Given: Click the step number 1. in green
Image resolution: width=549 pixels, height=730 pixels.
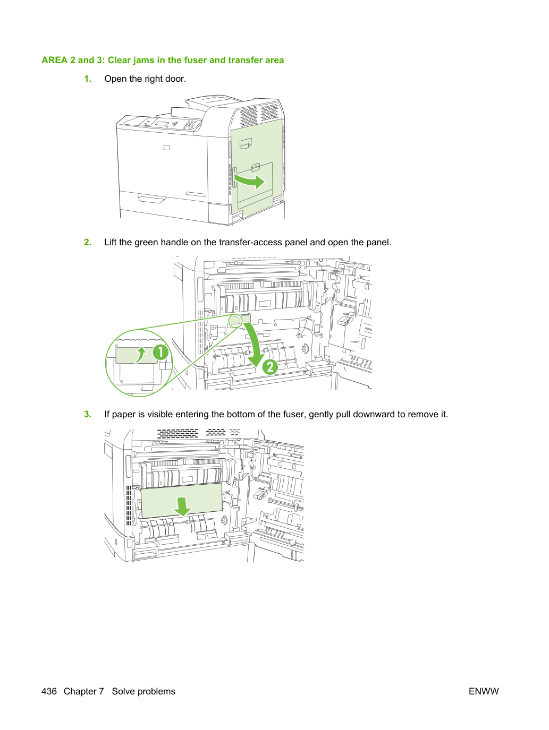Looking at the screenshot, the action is click(88, 79).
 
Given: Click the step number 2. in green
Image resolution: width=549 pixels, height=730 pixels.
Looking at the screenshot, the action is click(88, 242).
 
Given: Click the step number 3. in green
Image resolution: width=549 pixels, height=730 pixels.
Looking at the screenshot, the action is click(88, 414).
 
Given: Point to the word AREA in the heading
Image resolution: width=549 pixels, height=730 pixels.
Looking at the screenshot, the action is click(54, 60).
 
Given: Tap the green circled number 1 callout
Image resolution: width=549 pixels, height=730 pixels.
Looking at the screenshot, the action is click(161, 352).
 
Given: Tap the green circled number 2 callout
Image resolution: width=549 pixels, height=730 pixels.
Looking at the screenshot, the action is click(270, 367).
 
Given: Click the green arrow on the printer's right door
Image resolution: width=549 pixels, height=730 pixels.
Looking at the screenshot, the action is click(250, 181).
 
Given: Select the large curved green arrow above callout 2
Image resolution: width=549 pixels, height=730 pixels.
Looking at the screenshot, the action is click(256, 342).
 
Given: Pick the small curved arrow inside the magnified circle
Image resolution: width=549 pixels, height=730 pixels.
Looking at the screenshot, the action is click(141, 355).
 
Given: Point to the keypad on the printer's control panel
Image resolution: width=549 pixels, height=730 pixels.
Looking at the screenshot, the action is click(190, 125).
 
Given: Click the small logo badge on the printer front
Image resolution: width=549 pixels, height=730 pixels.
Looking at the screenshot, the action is click(167, 148).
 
